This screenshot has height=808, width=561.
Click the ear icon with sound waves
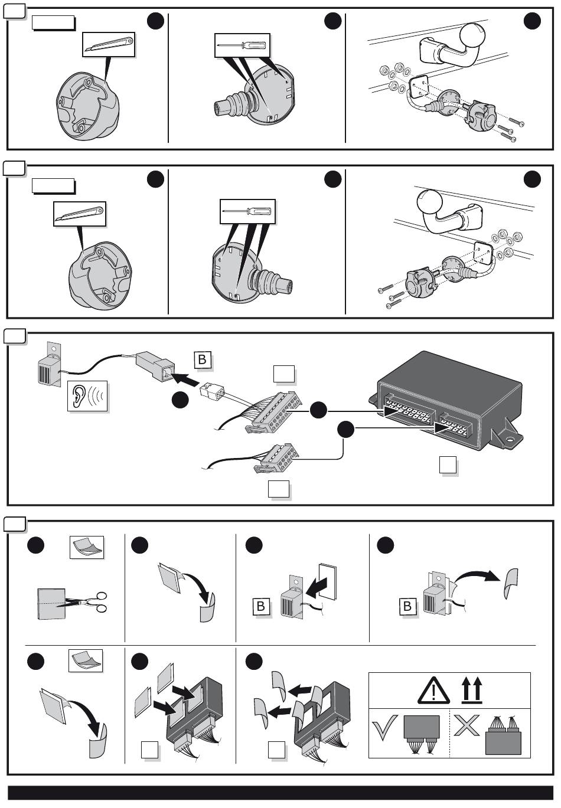(x=87, y=396)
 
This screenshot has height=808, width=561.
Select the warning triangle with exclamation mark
(x=433, y=690)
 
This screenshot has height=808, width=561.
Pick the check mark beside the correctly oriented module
(x=384, y=727)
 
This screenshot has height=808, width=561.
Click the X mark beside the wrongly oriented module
(x=467, y=725)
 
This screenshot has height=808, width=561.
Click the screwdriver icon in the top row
(x=242, y=45)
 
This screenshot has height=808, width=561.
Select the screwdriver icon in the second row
(x=247, y=211)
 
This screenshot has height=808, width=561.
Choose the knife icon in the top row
(x=108, y=45)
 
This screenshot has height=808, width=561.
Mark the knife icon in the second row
(x=79, y=214)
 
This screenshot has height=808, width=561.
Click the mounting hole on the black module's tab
(x=510, y=440)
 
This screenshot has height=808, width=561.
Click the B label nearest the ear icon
(x=202, y=359)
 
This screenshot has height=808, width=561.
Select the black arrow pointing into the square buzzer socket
(x=186, y=380)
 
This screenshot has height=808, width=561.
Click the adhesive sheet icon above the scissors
(x=87, y=547)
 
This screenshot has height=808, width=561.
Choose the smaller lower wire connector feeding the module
(x=277, y=458)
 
